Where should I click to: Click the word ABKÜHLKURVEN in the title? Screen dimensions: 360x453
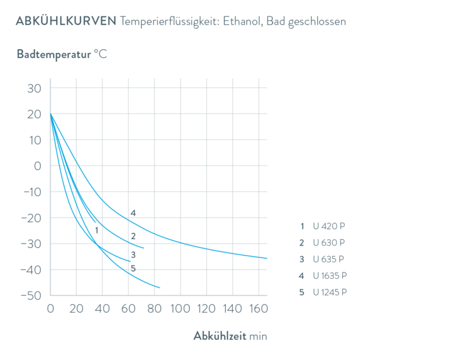pos(65,21)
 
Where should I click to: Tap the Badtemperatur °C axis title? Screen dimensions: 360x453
pos(62,54)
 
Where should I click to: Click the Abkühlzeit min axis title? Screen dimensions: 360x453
pos(230,336)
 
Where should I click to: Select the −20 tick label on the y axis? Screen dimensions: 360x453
pos(30,218)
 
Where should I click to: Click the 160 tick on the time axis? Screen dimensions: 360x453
pos(257,309)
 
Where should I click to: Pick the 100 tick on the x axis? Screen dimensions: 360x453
pos(180,309)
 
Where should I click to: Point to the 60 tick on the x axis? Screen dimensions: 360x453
pos(128,309)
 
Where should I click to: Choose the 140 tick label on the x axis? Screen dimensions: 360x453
pos(232,309)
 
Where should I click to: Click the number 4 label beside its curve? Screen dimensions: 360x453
pos(133,213)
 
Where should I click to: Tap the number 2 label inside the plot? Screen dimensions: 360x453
pos(133,236)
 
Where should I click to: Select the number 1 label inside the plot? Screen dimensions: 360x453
pos(96,230)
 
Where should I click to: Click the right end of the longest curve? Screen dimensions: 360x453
pos(268,258)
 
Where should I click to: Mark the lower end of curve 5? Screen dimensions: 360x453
pos(160,288)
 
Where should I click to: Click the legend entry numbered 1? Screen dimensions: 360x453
pos(323,225)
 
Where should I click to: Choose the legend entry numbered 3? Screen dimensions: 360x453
pos(323,259)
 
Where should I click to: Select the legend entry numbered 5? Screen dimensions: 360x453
pos(323,292)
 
